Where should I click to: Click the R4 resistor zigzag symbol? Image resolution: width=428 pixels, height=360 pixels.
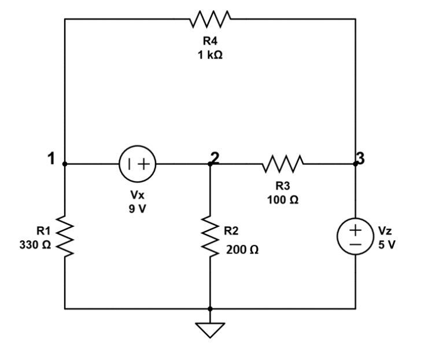(x=211, y=19)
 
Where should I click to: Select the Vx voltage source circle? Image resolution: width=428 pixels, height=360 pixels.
(x=137, y=164)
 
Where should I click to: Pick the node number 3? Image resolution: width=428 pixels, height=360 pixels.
(x=360, y=158)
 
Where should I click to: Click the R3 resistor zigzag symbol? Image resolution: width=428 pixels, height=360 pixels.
(x=282, y=164)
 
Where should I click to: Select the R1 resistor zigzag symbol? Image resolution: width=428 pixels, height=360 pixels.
(x=65, y=236)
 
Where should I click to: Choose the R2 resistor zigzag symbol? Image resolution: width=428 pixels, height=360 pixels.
(x=210, y=236)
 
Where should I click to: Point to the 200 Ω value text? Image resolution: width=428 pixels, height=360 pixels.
(x=242, y=251)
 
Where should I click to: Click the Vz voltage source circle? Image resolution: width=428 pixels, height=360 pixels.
(x=355, y=236)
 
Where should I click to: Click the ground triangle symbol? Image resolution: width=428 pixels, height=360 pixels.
(x=210, y=329)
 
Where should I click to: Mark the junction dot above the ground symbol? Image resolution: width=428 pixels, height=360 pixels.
(x=210, y=309)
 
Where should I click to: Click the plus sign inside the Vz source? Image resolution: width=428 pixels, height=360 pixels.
(x=355, y=229)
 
